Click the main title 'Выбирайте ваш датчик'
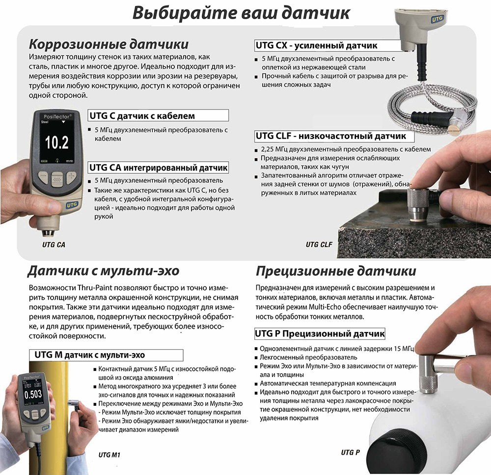241,12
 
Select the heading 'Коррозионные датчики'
109,44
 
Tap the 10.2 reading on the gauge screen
56,143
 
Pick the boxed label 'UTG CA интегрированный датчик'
158,168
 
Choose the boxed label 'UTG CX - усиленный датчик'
317,46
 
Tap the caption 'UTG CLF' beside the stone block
319,244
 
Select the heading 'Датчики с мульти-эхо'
104,271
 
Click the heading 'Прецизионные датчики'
336,271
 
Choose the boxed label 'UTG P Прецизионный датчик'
320,334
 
